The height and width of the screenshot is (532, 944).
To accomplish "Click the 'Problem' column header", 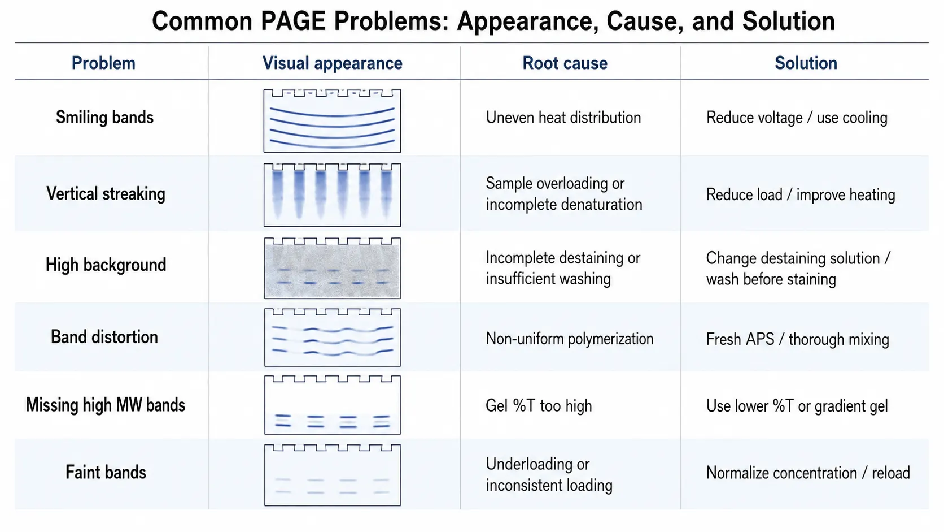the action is pos(103,63).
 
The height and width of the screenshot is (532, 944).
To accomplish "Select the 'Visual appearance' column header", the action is pos(332,63).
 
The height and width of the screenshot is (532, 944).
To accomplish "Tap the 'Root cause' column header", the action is pos(565,63).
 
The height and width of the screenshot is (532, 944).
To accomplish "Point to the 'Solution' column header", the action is pos(806,63).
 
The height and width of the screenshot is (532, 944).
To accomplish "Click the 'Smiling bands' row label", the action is pos(104,117).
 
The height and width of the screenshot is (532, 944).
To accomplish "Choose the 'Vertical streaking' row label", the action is pos(106,194).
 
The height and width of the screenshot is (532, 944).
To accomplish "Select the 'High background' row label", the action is pos(106,265).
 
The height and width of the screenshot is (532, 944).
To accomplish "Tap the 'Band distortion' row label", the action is pos(104,337).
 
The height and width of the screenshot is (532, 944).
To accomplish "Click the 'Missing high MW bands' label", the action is pos(106,405).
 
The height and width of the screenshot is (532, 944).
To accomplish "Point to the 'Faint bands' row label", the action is pos(106,472).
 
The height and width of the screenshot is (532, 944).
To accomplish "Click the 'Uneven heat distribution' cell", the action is pos(563,118).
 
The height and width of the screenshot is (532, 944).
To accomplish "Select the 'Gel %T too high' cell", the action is pos(539,406).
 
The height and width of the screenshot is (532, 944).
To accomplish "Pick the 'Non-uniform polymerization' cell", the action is pos(569,339).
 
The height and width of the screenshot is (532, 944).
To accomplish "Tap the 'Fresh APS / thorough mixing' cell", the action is pos(797,339).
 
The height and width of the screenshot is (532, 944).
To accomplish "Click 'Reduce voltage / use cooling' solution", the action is pos(797,118).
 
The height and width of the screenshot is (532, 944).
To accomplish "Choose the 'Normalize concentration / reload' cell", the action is pos(808,473).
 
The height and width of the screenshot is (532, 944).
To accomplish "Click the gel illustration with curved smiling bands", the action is pos(332,120).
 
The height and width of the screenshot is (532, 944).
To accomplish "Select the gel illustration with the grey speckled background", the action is pos(332,268).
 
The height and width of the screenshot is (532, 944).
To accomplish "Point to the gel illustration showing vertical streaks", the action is pos(332,195).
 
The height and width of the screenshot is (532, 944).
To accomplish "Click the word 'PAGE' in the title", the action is pos(294,21).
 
